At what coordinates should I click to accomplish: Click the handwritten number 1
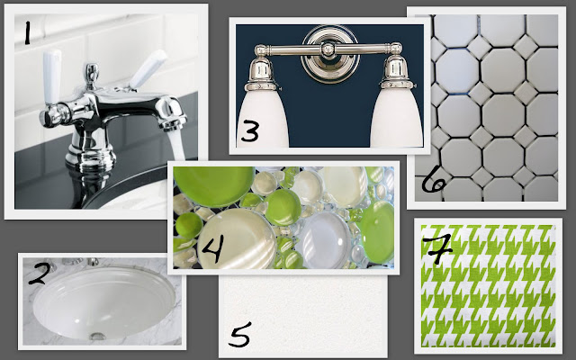(x=27, y=33)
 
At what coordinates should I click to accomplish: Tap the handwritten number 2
(x=38, y=274)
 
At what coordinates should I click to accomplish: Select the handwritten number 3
(x=250, y=131)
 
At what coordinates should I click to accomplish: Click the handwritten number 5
(x=240, y=334)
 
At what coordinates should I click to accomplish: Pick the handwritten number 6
(x=434, y=179)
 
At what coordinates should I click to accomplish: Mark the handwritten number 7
(x=437, y=249)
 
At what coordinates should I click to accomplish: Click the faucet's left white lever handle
(x=52, y=77)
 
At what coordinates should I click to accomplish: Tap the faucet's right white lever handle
(x=148, y=70)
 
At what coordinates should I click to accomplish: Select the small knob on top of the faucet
(x=92, y=74)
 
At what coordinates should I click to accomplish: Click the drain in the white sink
(x=97, y=336)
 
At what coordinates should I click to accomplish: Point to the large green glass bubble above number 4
(x=214, y=186)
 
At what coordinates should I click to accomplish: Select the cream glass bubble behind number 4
(x=236, y=238)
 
